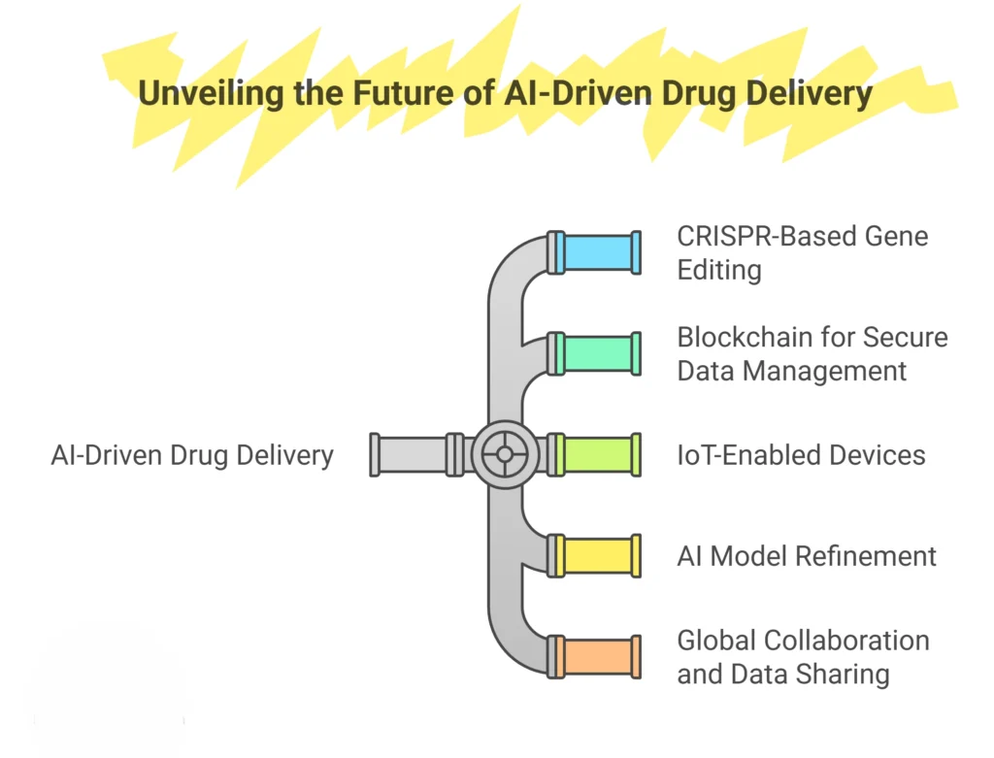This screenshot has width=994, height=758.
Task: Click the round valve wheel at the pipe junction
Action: [x=504, y=454]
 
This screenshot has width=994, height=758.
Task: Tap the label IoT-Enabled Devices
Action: [x=801, y=454]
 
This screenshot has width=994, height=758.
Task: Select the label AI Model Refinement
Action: [x=807, y=556]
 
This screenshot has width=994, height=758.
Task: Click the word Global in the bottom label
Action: [x=716, y=641]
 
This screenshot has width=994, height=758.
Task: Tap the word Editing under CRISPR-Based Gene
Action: [x=719, y=269]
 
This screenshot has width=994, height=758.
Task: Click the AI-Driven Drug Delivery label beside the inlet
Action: [x=192, y=454]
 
